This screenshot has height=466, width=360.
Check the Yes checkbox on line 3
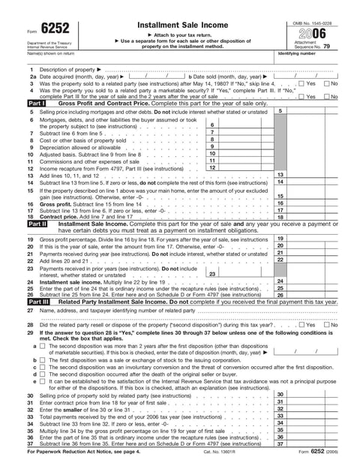click(301, 83)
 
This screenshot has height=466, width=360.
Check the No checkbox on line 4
click(327, 96)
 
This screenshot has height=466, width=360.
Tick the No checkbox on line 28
click(327, 325)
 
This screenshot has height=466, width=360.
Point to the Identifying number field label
click(298, 54)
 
